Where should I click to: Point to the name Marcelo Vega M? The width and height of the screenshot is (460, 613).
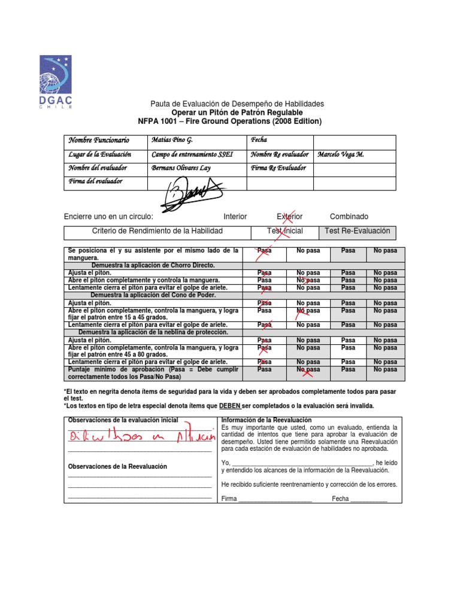pyautogui.click(x=341, y=154)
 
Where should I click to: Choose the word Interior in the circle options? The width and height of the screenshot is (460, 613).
pyautogui.click(x=235, y=217)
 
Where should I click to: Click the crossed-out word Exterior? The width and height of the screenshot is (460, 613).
pyautogui.click(x=289, y=217)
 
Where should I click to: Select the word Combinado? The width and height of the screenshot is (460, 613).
pyautogui.click(x=349, y=217)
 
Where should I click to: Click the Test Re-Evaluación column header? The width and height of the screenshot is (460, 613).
pyautogui.click(x=357, y=231)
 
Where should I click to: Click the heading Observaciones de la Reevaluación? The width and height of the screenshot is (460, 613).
pyautogui.click(x=117, y=466)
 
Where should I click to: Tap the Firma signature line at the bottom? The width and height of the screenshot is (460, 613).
pyautogui.click(x=267, y=499)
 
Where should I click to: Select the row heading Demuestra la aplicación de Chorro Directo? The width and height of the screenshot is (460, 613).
pyautogui.click(x=153, y=265)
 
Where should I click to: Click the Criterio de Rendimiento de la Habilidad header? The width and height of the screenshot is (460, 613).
pyautogui.click(x=157, y=231)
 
